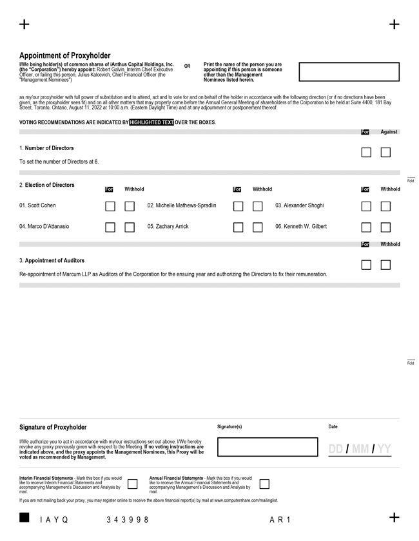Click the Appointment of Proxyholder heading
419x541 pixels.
click(x=64, y=56)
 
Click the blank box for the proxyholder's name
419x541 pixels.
click(x=349, y=71)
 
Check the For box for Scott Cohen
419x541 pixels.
click(x=110, y=207)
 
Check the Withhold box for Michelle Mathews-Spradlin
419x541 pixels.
click(x=257, y=207)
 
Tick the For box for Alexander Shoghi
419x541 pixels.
click(x=366, y=207)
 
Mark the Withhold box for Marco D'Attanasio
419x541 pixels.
click(x=130, y=227)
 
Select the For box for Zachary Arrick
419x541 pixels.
click(x=238, y=227)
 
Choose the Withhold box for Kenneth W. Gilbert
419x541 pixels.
click(x=385, y=227)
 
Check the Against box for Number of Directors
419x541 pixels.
click(x=385, y=153)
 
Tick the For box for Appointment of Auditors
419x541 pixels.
click(x=366, y=265)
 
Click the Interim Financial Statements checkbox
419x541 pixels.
click(x=132, y=484)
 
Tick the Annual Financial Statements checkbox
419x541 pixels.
click(x=264, y=484)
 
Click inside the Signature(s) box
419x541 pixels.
click(x=268, y=447)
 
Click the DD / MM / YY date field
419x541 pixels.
click(x=360, y=449)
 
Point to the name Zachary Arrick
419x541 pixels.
click(x=168, y=227)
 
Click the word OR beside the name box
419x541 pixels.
click(x=187, y=66)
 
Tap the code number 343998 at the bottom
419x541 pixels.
click(x=128, y=520)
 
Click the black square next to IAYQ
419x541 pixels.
click(x=24, y=518)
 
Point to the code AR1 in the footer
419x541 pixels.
click(x=280, y=520)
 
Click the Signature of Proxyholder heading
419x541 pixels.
click(x=53, y=427)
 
